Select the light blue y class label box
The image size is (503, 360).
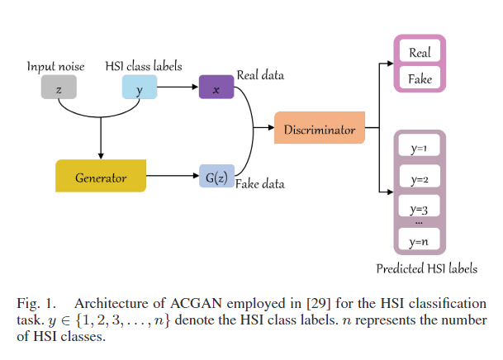click(x=140, y=87)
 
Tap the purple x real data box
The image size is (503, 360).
click(x=216, y=87)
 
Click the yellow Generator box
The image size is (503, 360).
click(x=101, y=177)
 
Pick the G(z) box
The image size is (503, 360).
click(x=216, y=177)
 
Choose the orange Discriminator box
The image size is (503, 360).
click(x=320, y=129)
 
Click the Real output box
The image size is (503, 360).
click(x=420, y=54)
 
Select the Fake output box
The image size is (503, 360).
click(x=420, y=79)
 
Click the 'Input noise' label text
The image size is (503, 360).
click(x=55, y=65)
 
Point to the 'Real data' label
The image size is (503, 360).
click(x=260, y=75)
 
